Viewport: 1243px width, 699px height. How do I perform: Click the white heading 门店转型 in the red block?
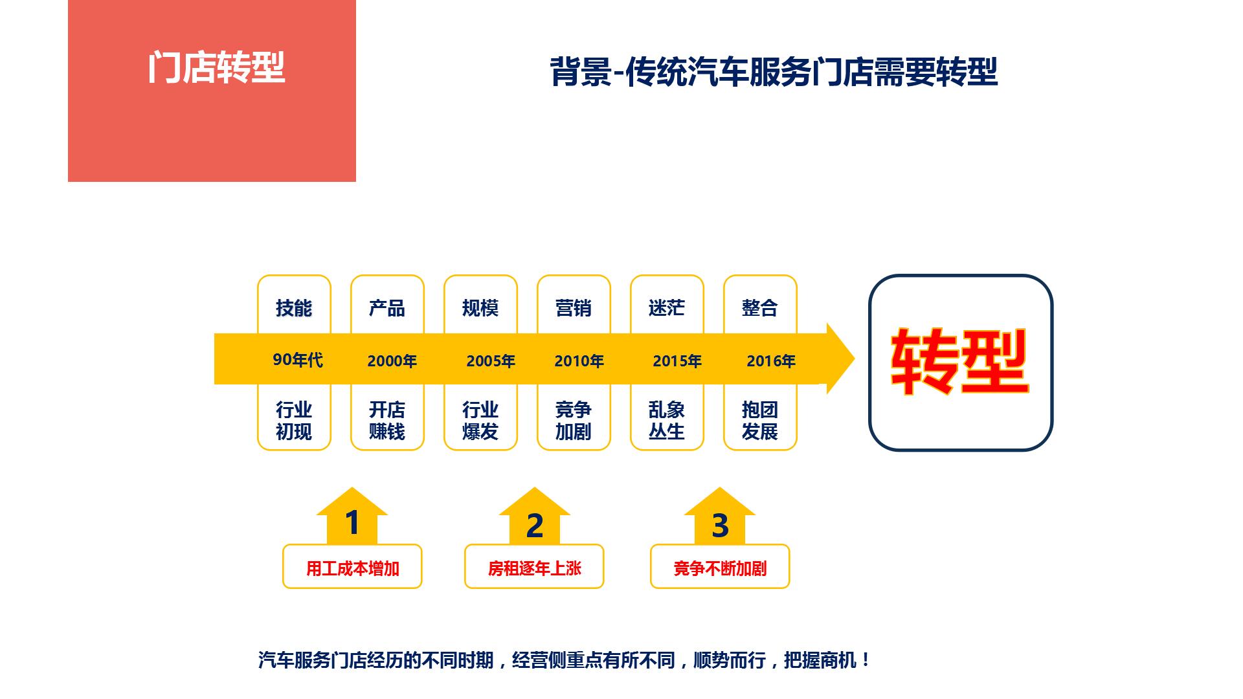coord(216,67)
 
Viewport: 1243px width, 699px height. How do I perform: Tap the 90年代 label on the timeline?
coord(298,360)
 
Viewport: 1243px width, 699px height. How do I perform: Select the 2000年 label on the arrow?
coord(392,361)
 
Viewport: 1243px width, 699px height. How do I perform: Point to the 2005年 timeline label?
coord(491,361)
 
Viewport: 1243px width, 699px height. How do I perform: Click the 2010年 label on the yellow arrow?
coord(579,361)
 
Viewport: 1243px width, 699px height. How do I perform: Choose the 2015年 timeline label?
coord(677,361)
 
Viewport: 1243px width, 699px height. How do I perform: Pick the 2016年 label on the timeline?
coord(771,361)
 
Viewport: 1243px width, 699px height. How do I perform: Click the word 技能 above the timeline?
coord(294,308)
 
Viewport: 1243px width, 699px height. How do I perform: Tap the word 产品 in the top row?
coord(387,308)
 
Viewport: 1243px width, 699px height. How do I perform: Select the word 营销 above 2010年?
coord(574,308)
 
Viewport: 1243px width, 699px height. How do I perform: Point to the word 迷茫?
coord(667,307)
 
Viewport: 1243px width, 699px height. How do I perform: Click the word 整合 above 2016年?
coord(760,308)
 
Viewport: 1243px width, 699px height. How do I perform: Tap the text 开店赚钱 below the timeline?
coord(387,421)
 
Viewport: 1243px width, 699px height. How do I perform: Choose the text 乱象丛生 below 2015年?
coord(667,421)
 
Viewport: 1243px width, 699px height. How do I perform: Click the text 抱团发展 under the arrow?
coord(760,421)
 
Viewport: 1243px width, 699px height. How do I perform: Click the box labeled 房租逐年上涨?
coord(534,566)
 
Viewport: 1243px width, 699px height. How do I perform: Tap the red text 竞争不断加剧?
coord(720,569)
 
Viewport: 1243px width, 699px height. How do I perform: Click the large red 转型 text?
coord(960,362)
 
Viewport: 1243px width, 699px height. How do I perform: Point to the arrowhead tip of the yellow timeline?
coord(855,359)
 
